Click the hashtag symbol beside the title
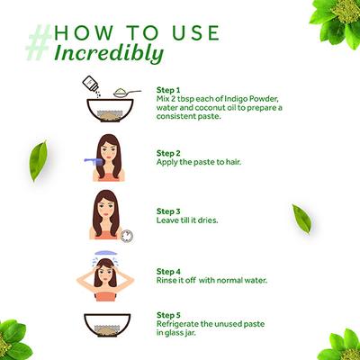pyautogui.click(x=39, y=43)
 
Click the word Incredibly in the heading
pyautogui.click(x=109, y=54)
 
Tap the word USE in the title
pyautogui.click(x=196, y=33)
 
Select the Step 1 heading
pyautogui.click(x=168, y=90)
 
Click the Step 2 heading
pyautogui.click(x=168, y=153)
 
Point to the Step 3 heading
pyautogui.click(x=168, y=211)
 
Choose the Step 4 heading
pyautogui.click(x=168, y=272)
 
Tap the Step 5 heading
pyautogui.click(x=168, y=315)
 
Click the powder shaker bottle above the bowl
pyautogui.click(x=91, y=84)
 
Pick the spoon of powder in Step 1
pyautogui.click(x=127, y=93)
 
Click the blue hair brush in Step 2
pyautogui.click(x=94, y=161)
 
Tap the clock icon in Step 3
pyautogui.click(x=127, y=236)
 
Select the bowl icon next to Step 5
pyautogui.click(x=107, y=323)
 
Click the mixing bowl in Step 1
pyautogui.click(x=110, y=111)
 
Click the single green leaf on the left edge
pyautogui.click(x=38, y=161)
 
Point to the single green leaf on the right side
pyautogui.click(x=301, y=219)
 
